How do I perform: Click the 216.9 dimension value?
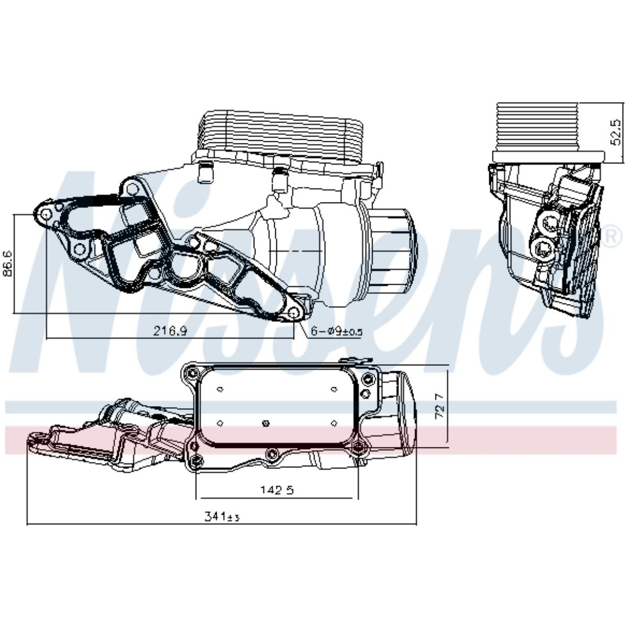point(171,330)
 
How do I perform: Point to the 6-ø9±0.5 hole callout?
point(337,331)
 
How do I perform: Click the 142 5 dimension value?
point(277,490)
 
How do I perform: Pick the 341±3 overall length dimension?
point(221,517)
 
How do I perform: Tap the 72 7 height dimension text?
point(440,406)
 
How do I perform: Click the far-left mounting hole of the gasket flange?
point(45,215)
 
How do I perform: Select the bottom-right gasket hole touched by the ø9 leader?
point(294,313)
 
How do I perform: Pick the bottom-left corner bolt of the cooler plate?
point(197,460)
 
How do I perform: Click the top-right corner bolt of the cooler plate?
point(368,379)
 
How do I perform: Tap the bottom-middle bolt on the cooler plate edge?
point(272,453)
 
